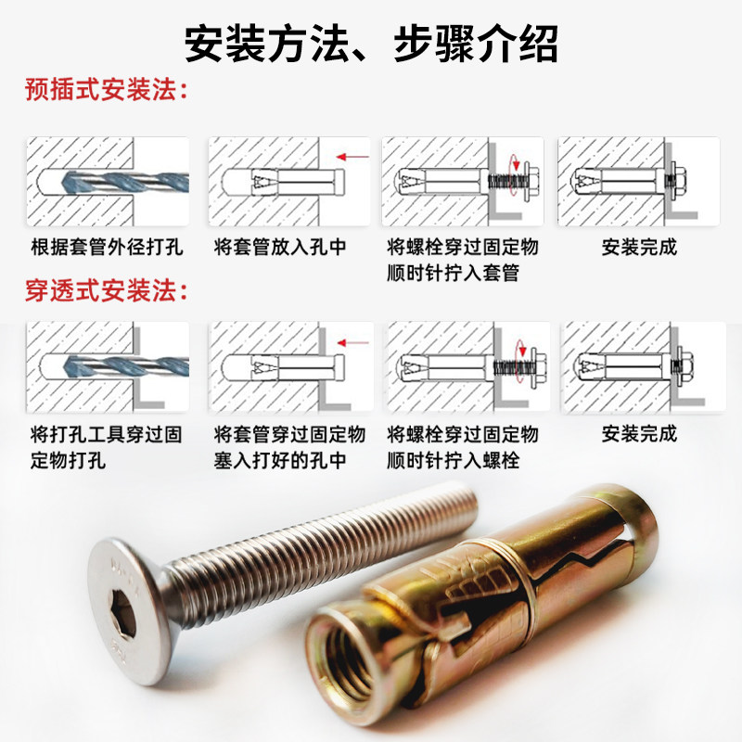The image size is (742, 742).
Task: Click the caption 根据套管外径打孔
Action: pos(107,247)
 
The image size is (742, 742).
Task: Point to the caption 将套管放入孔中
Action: pos(280,247)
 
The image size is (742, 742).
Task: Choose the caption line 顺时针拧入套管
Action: pos(453,273)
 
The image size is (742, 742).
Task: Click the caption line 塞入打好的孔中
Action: pos(280,460)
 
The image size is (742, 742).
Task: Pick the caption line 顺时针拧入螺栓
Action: pos(453,460)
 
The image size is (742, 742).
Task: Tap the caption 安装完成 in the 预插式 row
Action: pos(639,247)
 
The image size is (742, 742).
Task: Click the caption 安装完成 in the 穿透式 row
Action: pos(639,433)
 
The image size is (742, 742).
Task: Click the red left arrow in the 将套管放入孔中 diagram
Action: pos(352,157)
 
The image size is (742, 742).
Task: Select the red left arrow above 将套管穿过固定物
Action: pos(353,342)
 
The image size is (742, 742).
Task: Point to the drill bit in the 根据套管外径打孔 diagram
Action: pos(125,182)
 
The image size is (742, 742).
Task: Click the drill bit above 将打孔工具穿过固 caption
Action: pos(126,367)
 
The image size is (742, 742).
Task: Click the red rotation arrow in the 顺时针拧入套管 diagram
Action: pos(515,173)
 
